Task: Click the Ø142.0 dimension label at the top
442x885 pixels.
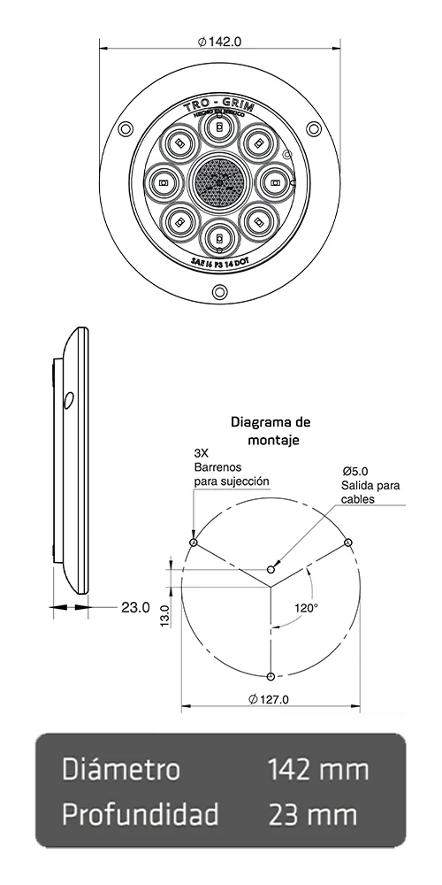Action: coord(220,42)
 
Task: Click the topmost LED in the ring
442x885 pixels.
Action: coord(217,128)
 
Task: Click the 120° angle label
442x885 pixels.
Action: coord(306,608)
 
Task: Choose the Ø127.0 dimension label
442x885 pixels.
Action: coord(270,699)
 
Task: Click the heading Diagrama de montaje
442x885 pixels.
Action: coord(270,430)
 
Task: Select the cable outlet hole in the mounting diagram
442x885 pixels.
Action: coord(272,569)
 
